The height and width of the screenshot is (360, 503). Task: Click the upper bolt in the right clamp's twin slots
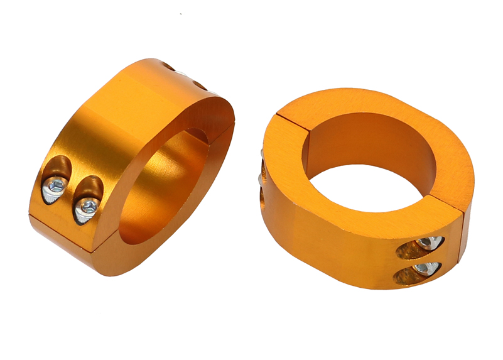426,243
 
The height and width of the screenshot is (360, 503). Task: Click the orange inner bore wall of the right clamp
370,141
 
